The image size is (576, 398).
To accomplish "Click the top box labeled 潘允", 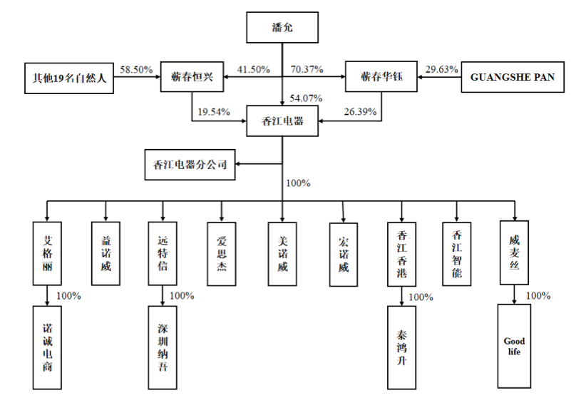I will [282, 29].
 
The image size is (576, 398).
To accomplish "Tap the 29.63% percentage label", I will [441, 69].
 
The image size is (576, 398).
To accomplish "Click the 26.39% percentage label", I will [359, 113].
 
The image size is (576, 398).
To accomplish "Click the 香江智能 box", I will [458, 252].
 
